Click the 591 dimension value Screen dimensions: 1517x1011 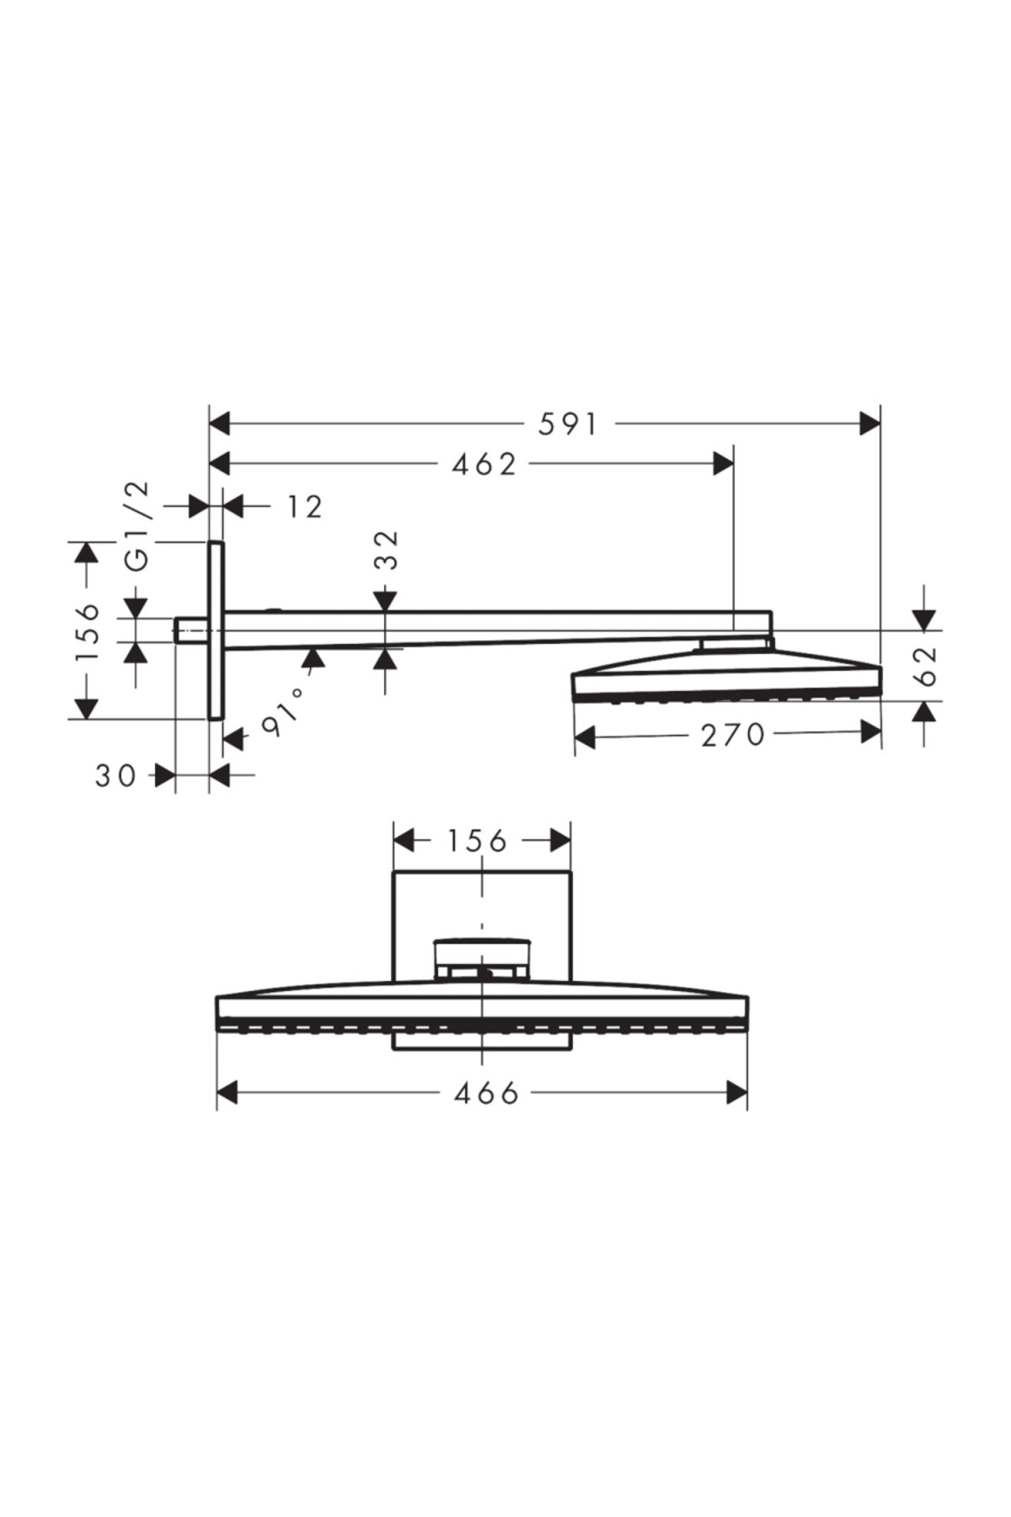568,424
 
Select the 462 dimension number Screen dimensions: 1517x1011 484,464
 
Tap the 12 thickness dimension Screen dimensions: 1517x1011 304,507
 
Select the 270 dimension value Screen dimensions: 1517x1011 732,735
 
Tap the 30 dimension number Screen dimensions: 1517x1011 115,775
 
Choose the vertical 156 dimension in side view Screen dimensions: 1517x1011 86,632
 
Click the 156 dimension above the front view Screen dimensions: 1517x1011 477,840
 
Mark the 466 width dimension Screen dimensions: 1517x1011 486,1094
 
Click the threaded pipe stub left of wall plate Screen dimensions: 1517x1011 190,630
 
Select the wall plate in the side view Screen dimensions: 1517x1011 216,630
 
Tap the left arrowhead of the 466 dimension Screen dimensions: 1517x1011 227,1094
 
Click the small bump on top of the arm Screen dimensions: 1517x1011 271,609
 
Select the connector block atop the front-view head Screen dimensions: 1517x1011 482,957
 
